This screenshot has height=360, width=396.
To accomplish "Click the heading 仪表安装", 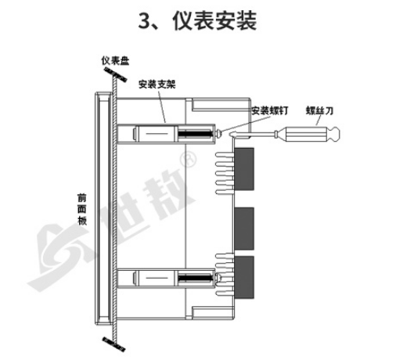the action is pyautogui.click(x=214, y=21).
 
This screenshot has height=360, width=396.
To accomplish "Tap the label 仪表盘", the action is pyautogui.click(x=115, y=61).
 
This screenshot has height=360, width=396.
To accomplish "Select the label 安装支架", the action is pyautogui.click(x=157, y=85).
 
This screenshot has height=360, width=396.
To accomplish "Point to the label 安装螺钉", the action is pyautogui.click(x=270, y=110).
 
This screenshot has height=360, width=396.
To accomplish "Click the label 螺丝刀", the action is pyautogui.click(x=319, y=110).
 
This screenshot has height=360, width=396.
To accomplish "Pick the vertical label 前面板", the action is pyautogui.click(x=82, y=210).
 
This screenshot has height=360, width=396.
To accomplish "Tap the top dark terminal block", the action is pyautogui.click(x=244, y=169).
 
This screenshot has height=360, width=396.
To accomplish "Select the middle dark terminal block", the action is pyautogui.click(x=244, y=229).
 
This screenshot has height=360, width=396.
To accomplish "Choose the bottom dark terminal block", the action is pyautogui.click(x=244, y=277).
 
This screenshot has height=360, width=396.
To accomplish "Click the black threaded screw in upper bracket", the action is pyautogui.click(x=195, y=134).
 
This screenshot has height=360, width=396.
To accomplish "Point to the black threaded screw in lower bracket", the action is pyautogui.click(x=195, y=278).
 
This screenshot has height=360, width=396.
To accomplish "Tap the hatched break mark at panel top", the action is pyautogui.click(x=115, y=74).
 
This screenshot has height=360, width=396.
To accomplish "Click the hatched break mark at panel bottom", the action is pyautogui.click(x=113, y=344).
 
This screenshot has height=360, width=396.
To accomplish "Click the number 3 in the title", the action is pyautogui.click(x=144, y=21).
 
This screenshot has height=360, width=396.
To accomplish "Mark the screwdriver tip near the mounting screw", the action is pyautogui.click(x=231, y=134).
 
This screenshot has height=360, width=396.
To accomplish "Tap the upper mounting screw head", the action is pyautogui.click(x=219, y=134).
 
